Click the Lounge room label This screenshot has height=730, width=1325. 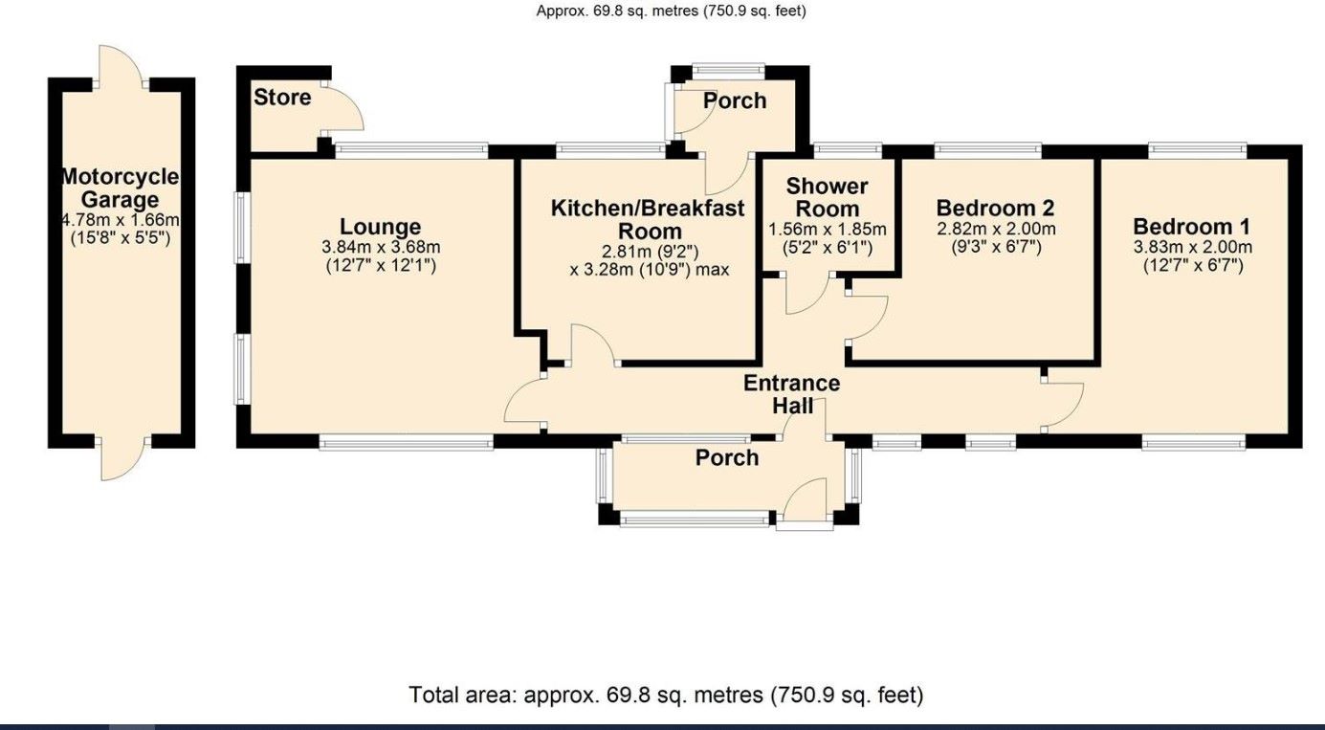click(x=380, y=227)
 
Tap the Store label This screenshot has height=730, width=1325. click(x=282, y=97)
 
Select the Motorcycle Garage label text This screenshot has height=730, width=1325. click(x=120, y=188)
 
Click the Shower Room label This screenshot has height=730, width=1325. click(x=828, y=197)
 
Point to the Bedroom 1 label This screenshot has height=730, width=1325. click(x=1191, y=227)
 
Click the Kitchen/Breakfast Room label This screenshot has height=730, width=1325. click(x=648, y=219)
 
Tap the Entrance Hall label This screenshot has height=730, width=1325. click(x=792, y=394)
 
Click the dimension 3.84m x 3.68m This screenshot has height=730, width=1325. click(x=380, y=247)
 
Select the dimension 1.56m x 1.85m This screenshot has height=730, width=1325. click(x=828, y=230)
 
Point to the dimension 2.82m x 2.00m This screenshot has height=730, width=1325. click(x=996, y=229)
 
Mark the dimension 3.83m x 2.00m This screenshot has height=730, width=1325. click(x=1192, y=247)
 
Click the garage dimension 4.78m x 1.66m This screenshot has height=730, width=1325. click(x=120, y=220)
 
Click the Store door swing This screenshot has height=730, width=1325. click(x=344, y=107)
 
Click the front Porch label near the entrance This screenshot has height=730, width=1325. click(x=727, y=457)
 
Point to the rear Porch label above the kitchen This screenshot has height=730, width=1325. click(x=735, y=100)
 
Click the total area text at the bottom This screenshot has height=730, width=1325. click(x=666, y=695)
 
